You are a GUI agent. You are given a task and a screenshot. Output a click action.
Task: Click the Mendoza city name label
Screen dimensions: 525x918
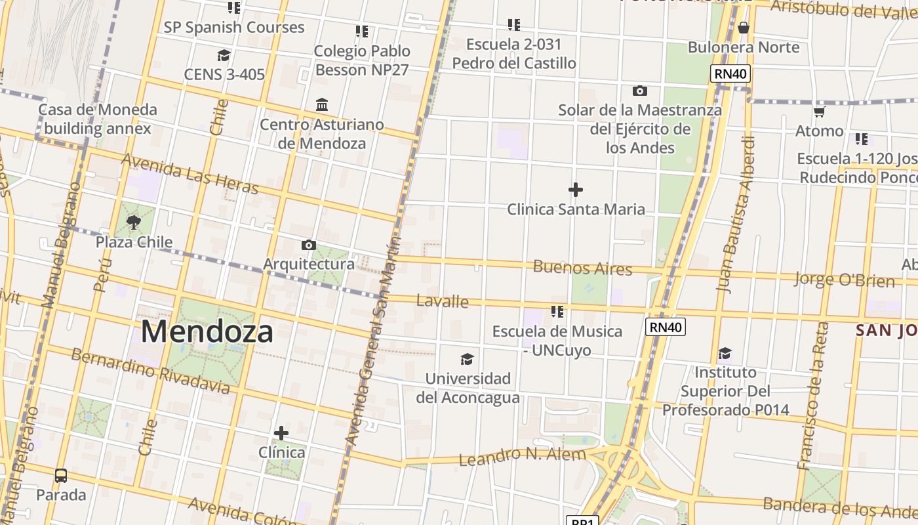point(207,331)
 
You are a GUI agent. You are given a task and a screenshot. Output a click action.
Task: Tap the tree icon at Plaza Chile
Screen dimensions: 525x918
point(134,222)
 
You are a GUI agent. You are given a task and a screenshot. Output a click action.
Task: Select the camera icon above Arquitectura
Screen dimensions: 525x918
point(308,245)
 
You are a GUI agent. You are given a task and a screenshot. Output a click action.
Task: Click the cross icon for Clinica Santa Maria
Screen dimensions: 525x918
point(576,190)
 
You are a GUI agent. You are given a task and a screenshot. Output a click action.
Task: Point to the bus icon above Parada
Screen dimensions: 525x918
point(61,475)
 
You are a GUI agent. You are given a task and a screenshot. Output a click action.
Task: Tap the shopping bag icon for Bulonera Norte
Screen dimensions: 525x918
point(743,28)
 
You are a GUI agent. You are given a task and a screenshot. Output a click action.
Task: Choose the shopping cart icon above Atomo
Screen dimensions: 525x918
point(819,112)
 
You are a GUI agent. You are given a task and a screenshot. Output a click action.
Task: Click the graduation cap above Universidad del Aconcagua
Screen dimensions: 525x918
point(467,359)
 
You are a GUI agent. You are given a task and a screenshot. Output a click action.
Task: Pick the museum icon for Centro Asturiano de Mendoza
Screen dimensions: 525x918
point(322,104)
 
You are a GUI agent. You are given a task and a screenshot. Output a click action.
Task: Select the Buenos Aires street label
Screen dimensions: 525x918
point(582,268)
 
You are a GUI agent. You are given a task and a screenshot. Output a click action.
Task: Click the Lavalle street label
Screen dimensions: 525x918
point(442,301)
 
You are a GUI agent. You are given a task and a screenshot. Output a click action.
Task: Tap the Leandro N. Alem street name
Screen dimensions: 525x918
point(522,456)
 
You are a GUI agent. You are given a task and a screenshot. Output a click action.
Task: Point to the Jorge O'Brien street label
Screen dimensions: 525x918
point(845,279)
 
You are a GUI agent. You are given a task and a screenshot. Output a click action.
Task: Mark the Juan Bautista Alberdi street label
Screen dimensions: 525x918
point(736,214)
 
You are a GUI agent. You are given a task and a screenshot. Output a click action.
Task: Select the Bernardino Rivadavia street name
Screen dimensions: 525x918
point(150,371)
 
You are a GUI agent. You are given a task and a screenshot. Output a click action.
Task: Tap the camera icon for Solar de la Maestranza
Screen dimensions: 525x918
point(639,91)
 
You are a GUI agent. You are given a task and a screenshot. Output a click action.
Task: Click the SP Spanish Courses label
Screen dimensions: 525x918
point(234,28)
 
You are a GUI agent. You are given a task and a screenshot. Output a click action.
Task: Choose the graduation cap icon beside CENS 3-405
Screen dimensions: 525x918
point(224,55)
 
